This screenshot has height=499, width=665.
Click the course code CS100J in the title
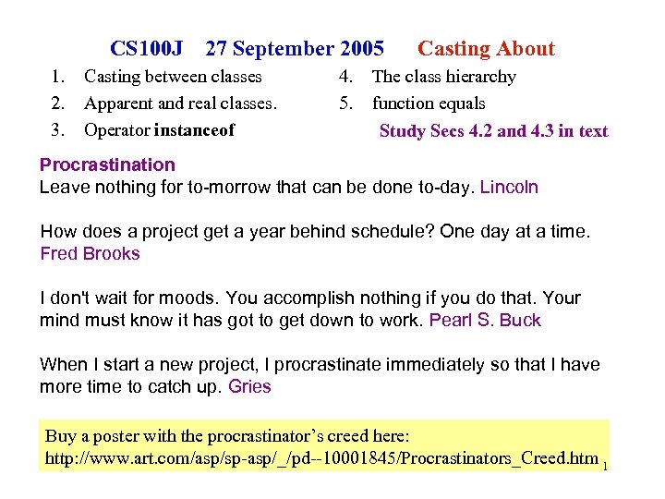[146, 49]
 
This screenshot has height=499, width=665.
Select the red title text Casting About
[486, 49]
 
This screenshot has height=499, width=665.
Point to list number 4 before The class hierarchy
[344, 77]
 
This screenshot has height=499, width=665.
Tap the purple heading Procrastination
[107, 164]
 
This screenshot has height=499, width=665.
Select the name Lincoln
[509, 187]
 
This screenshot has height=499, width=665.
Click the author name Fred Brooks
[90, 253]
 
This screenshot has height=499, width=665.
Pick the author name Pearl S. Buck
[485, 320]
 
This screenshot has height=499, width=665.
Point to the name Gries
[249, 386]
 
